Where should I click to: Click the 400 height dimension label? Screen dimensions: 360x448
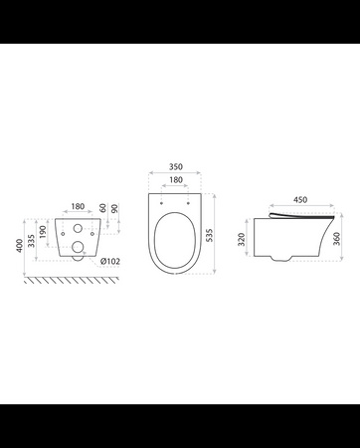pos(20,246)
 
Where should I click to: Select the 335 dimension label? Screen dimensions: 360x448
pos(31,241)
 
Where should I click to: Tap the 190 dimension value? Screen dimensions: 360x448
pos(43,232)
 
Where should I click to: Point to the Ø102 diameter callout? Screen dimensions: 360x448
pos(110,262)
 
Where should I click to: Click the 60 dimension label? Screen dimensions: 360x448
pos(103,208)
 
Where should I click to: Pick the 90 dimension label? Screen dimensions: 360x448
pos(114,209)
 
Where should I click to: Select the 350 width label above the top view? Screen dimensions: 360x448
pos(176,166)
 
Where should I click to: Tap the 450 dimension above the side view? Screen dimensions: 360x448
pos(300,200)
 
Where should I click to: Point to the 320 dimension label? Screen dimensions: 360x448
pos(242,239)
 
